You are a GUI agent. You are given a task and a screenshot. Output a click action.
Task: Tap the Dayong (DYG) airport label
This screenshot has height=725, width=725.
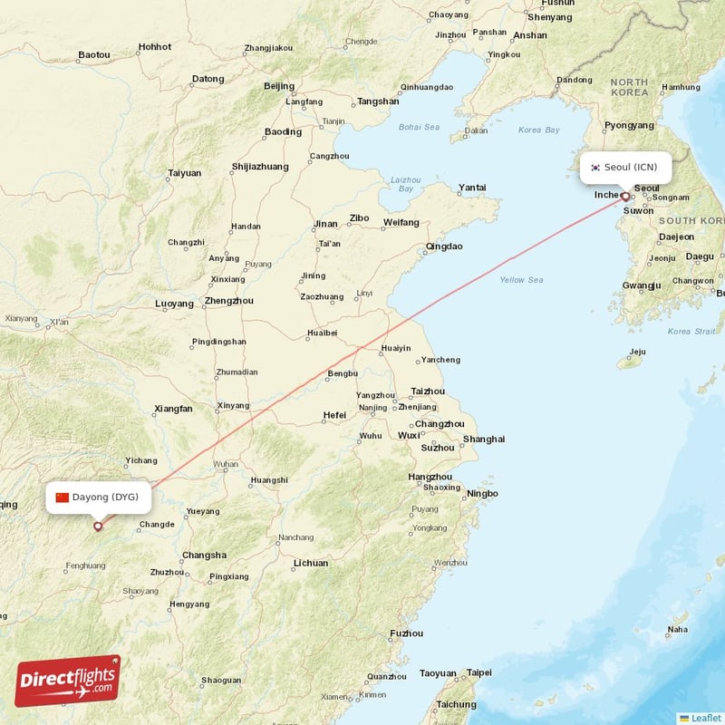pos(105,497)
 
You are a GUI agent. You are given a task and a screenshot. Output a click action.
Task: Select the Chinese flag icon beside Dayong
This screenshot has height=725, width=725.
pos(62,497)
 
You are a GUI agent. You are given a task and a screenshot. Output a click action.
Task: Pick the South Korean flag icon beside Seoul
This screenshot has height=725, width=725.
pos(595,167)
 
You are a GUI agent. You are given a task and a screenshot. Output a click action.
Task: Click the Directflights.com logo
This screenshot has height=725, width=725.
pos(68,681)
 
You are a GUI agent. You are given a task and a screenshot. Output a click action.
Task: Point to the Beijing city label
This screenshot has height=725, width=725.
pos(279,86)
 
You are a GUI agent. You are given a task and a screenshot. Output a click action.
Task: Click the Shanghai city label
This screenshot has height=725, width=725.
pos(484,440)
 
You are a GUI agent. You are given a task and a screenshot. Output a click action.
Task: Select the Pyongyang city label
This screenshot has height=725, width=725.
pos(629,125)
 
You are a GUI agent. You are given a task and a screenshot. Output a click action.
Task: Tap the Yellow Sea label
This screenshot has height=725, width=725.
pos(521,280)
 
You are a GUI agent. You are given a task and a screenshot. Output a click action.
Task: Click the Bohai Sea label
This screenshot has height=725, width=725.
pos(419,127)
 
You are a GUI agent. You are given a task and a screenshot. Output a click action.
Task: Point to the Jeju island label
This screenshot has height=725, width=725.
pos(638,352)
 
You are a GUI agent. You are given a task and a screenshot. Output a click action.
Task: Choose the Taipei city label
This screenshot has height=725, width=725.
pos(478,672)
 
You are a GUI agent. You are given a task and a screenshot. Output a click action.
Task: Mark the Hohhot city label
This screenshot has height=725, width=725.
pos(155,46)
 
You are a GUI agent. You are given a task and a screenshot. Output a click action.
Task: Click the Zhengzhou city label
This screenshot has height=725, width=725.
pos(229,301)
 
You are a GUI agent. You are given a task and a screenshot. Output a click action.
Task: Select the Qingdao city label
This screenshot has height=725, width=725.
pos(444,246)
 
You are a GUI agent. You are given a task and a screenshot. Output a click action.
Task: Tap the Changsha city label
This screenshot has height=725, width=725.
pos(204,555)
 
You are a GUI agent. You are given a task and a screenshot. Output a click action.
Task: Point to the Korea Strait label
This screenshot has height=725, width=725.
pos(691,332)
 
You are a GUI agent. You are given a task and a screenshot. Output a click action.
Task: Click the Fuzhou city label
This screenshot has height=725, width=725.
pos(406,633)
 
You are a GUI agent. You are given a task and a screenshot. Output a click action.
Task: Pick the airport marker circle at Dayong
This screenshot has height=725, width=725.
pos(98,526)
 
